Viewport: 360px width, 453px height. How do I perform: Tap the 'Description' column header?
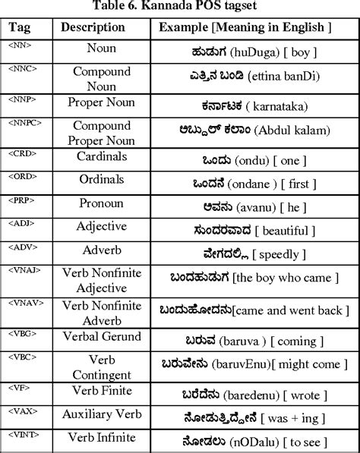click(x=93, y=27)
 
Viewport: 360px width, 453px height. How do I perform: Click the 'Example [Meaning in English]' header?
click(x=245, y=27)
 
